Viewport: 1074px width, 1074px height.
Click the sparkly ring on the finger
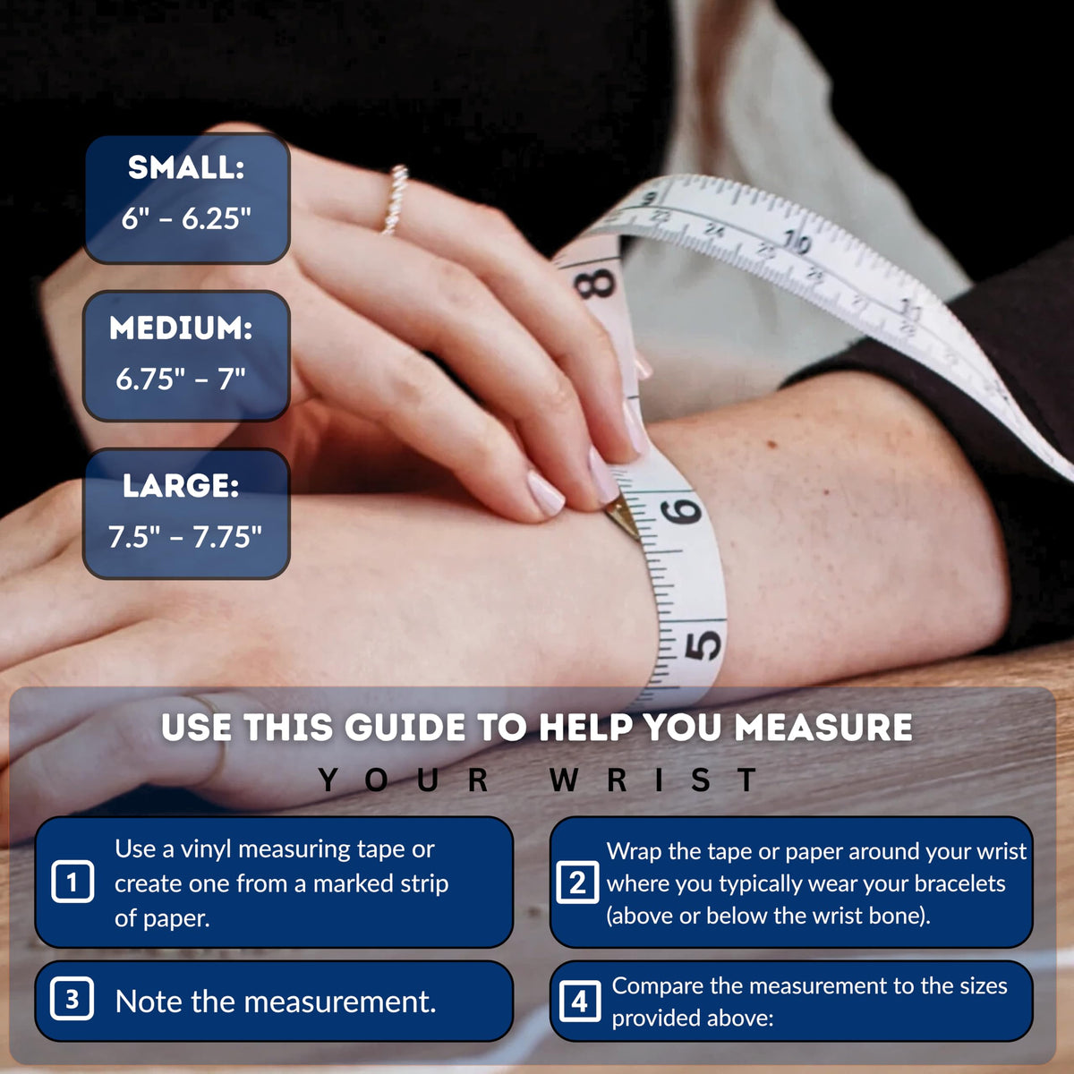[395, 199]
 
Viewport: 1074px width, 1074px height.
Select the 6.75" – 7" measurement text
[181, 379]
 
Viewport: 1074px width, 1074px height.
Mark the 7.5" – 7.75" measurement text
[184, 537]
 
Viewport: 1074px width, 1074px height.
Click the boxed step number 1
[72, 882]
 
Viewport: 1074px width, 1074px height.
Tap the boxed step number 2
[577, 882]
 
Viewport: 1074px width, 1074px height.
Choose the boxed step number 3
[72, 1000]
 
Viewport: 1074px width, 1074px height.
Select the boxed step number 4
[580, 1002]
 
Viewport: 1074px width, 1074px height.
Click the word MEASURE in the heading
[823, 728]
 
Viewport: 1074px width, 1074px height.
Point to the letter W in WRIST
[564, 780]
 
